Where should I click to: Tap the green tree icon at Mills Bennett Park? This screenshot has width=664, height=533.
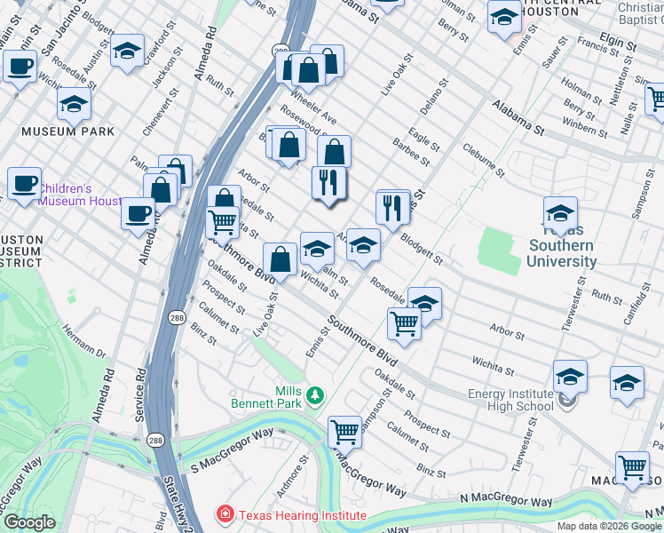pyautogui.click(x=314, y=394)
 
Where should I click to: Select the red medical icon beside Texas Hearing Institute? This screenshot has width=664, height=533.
pyautogui.click(x=225, y=514)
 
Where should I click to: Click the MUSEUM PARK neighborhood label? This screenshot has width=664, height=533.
pyautogui.click(x=68, y=131)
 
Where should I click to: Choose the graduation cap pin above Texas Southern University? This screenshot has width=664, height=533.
pyautogui.click(x=560, y=214)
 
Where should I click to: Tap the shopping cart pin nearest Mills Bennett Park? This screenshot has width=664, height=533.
pyautogui.click(x=344, y=433)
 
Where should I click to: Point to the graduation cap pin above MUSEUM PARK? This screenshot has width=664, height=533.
pyautogui.click(x=75, y=104)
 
